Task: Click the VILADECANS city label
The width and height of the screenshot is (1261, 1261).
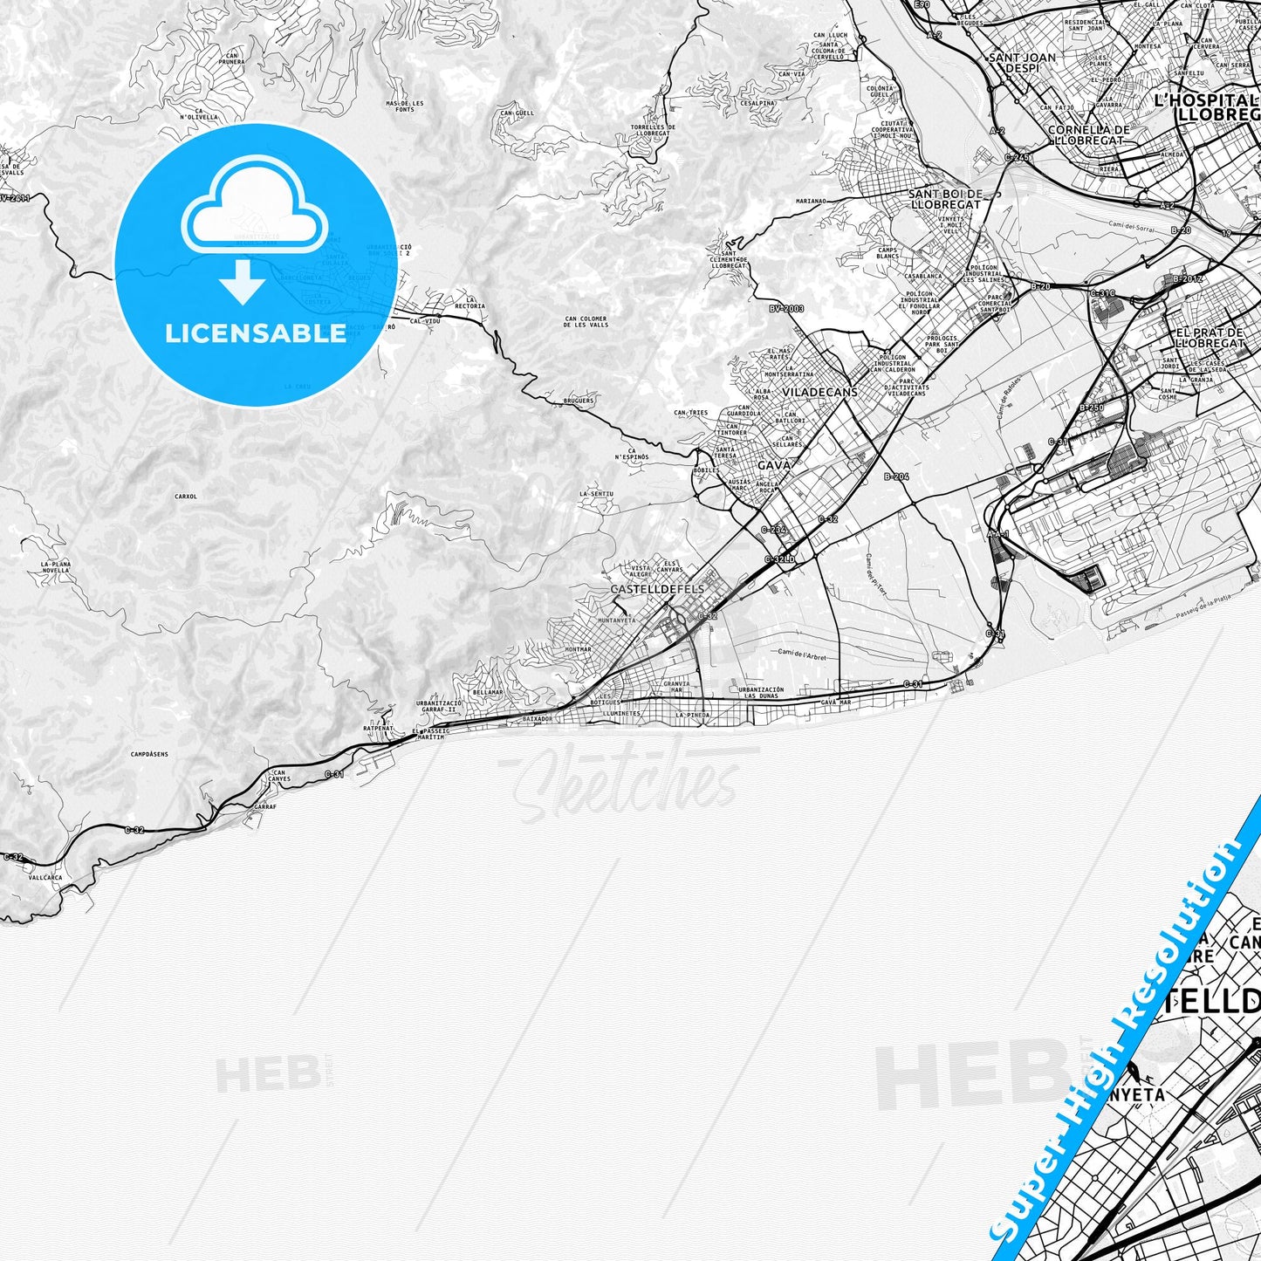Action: tap(819, 393)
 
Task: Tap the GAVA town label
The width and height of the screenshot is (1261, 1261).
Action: tap(774, 466)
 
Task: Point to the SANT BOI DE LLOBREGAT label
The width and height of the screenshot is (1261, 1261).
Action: tap(945, 199)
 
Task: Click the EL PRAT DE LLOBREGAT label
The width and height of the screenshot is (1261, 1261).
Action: tap(1210, 338)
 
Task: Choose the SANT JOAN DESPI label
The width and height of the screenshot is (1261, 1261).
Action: tap(1022, 62)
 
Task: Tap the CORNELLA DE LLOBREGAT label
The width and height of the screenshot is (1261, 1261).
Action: tap(1088, 134)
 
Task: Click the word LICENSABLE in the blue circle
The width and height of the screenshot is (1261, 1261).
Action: tap(256, 333)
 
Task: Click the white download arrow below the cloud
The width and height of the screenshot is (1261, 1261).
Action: tap(243, 284)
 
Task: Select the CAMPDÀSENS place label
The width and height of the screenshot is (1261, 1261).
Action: tap(149, 754)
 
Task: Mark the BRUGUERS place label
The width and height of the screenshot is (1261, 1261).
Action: tap(579, 401)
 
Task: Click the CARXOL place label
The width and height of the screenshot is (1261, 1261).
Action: tap(186, 496)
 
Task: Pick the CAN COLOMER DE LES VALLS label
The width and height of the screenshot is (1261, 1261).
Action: tap(586, 321)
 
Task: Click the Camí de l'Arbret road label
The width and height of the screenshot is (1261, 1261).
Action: tap(800, 654)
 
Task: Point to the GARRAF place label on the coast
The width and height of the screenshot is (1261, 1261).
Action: tap(253, 808)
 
